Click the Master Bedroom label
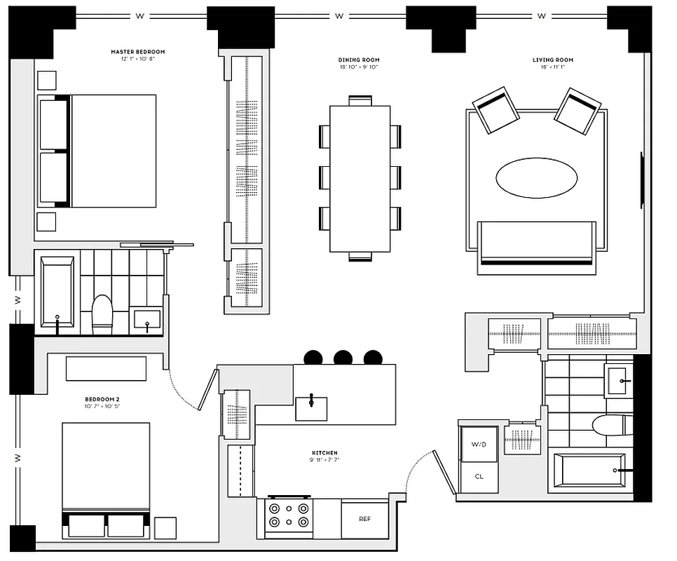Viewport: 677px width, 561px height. (x=138, y=52)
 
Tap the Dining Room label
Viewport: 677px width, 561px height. (x=359, y=60)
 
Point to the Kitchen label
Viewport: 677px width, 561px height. (x=324, y=453)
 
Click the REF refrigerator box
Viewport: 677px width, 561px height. (x=364, y=520)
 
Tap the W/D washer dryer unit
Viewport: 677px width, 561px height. (x=479, y=444)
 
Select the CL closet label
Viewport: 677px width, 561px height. (x=479, y=476)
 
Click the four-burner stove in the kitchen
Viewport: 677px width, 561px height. (x=289, y=517)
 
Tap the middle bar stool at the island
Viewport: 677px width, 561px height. (x=343, y=357)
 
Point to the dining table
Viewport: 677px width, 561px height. (x=360, y=178)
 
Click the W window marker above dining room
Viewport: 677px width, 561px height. (x=340, y=15)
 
